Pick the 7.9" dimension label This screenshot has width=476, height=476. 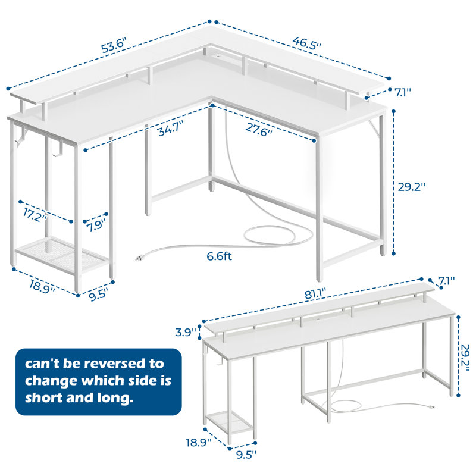pos(96,226)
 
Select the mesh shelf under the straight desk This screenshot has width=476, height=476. pos(228,423)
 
